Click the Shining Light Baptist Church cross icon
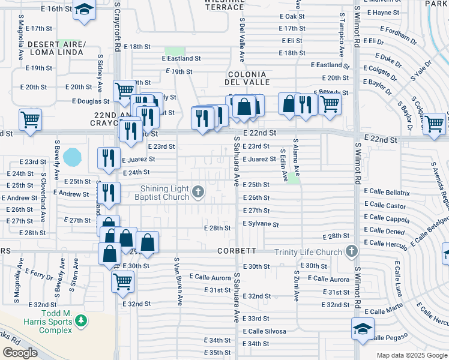199,193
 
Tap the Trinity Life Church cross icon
351,252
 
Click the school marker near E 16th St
85,10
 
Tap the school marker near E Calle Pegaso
363,329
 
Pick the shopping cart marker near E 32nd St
122,280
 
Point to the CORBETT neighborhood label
237,251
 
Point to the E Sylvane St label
261,224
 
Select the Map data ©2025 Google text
411,355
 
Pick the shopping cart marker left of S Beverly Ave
29,119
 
